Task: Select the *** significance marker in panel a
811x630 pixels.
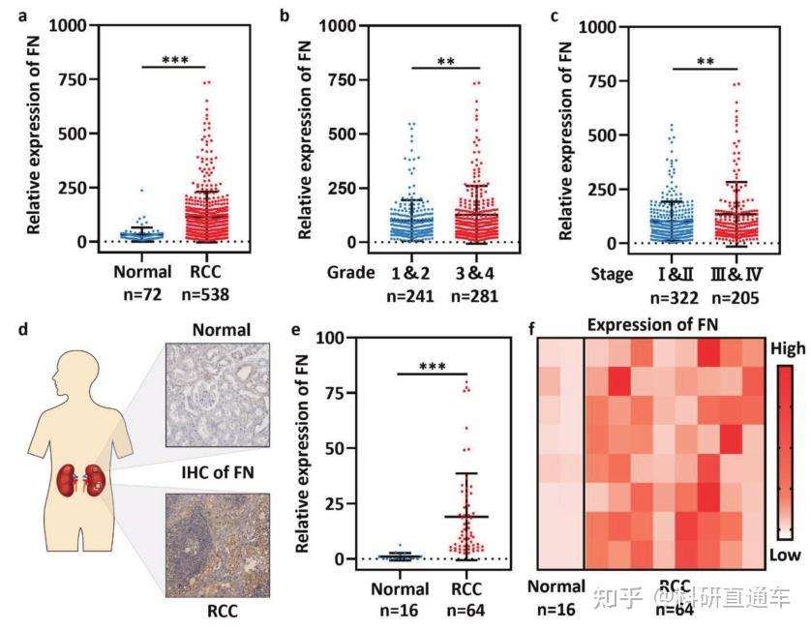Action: point(175,59)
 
